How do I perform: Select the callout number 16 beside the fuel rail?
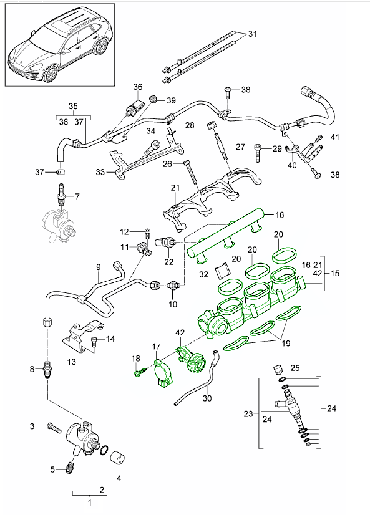278,214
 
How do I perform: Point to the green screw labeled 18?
139,373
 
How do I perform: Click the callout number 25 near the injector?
296,368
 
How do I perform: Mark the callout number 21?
175,188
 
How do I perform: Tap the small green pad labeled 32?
223,272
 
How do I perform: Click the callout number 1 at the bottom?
89,502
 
